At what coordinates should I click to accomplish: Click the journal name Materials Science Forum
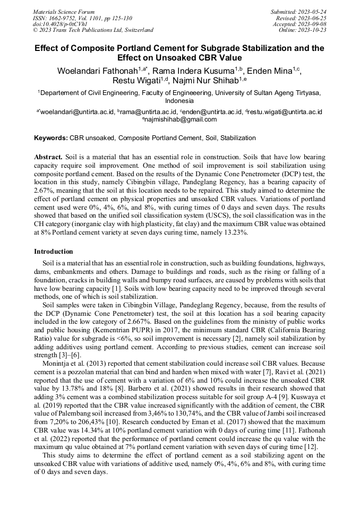tap(64, 12)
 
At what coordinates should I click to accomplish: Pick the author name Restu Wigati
tap(132, 81)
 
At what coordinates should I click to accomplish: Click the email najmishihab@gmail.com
tap(181, 119)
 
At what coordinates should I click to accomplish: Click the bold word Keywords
tap(51, 138)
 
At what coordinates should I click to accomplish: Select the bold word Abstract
tap(48, 158)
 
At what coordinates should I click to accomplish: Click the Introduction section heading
tap(53, 251)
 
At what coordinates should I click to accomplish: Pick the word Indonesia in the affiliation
tap(179, 100)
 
